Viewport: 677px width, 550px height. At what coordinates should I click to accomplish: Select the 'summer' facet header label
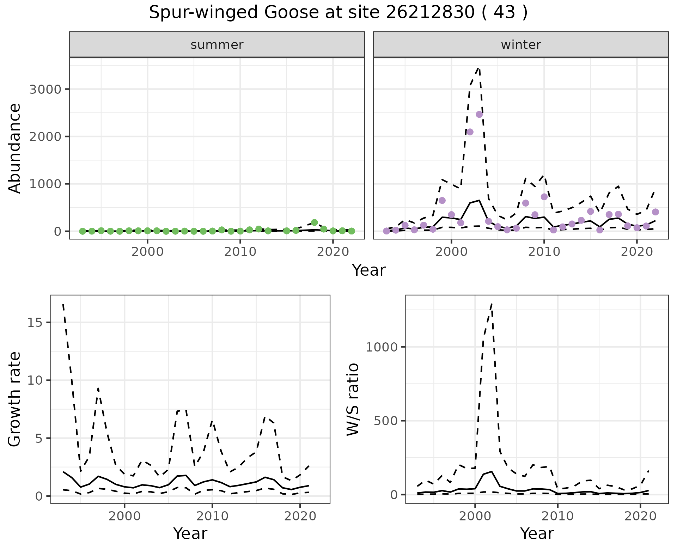217,45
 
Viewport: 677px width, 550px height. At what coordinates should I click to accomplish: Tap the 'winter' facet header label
521,45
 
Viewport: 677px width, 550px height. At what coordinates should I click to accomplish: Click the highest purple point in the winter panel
479,114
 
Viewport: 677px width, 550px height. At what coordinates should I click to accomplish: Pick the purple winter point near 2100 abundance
470,132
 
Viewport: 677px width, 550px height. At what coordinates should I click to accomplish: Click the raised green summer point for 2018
315,222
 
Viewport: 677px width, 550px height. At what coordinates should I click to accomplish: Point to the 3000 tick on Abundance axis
45,89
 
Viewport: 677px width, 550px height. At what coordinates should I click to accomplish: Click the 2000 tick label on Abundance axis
45,136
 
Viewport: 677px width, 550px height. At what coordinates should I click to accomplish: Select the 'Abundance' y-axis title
15,148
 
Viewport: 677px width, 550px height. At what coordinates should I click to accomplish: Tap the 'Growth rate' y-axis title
15,399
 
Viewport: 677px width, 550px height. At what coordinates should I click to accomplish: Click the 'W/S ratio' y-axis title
353,399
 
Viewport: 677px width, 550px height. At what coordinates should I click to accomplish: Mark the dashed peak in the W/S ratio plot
492,304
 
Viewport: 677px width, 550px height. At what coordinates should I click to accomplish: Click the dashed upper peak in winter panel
478,68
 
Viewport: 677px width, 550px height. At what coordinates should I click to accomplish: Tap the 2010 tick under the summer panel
240,252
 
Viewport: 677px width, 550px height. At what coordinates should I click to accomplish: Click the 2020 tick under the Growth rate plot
300,517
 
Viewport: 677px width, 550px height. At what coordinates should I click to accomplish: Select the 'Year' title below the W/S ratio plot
537,533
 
